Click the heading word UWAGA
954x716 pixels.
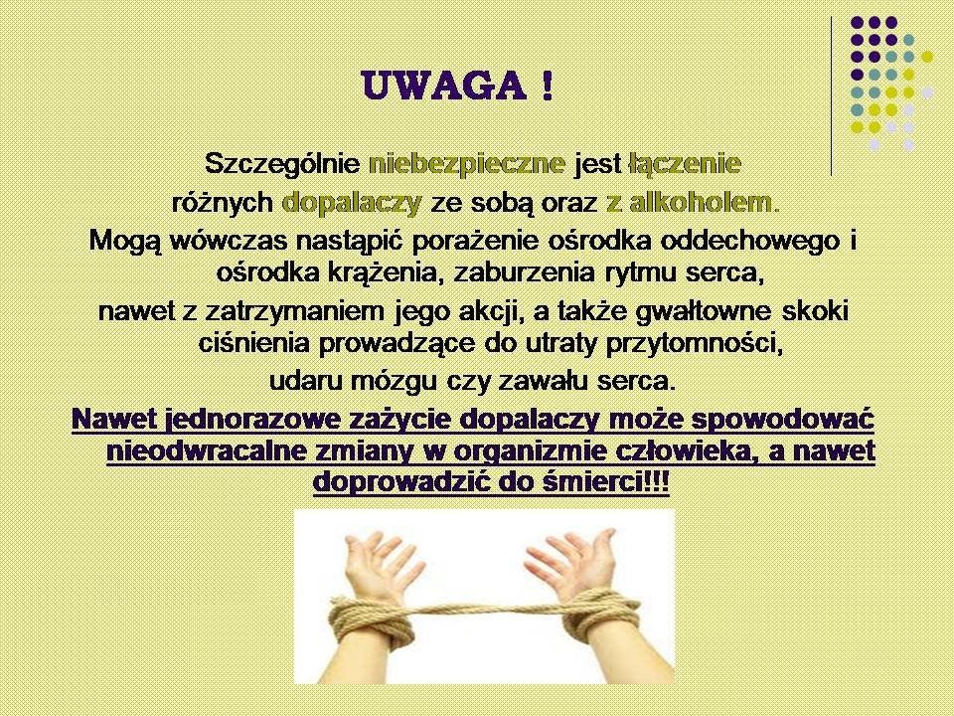(x=443, y=87)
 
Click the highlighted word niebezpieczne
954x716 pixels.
(x=467, y=164)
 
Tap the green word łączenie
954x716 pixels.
(x=685, y=164)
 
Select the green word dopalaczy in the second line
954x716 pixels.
(x=352, y=203)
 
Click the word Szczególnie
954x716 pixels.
(x=283, y=164)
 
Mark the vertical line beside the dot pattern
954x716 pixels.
(x=832, y=96)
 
